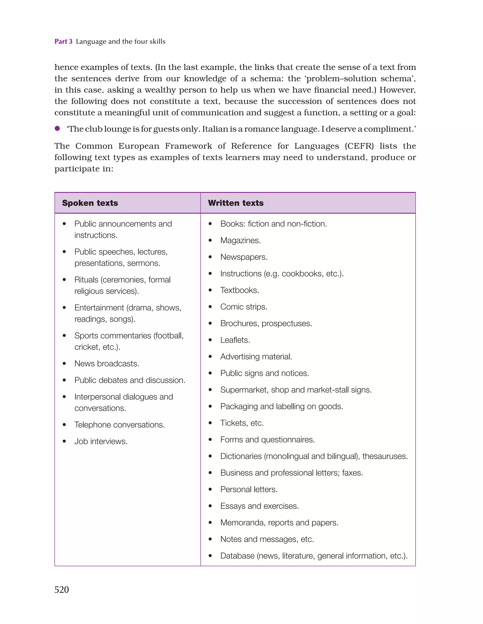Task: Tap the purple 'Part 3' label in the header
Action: coord(63,42)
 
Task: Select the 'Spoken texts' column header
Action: coord(90,203)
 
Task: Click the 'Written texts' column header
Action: coord(236,203)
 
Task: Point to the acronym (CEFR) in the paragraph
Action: coord(359,146)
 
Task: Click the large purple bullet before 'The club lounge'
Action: coord(58,129)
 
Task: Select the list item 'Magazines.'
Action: coord(240,240)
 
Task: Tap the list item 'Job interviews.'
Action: coord(101,441)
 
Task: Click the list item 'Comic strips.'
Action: coord(243,307)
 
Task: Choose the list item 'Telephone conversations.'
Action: coord(120,424)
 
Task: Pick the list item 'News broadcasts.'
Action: coord(107,363)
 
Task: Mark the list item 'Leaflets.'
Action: coord(235,340)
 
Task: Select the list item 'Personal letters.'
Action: coord(249,489)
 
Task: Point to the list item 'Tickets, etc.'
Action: coord(242,423)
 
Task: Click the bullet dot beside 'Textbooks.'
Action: coord(210,290)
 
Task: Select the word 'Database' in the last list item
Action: coord(237,556)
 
